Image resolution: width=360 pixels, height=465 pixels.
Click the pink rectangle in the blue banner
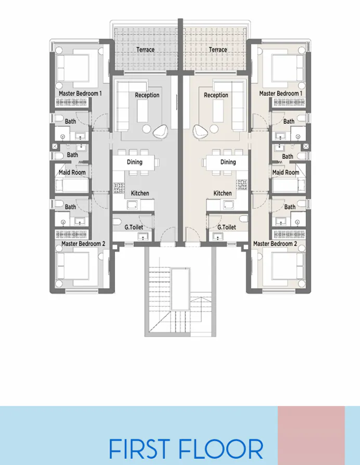click(x=311, y=435)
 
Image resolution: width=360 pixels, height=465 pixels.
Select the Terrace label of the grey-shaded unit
click(x=146, y=50)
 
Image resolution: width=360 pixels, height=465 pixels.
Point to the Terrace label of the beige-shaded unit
click(x=217, y=50)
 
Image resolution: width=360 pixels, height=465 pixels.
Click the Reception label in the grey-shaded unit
click(x=147, y=95)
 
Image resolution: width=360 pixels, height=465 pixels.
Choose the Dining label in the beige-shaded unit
click(x=228, y=162)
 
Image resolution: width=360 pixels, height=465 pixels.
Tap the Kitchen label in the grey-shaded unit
click(x=140, y=193)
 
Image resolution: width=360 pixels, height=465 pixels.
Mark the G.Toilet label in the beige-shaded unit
click(x=227, y=227)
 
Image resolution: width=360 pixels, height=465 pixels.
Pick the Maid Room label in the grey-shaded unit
click(x=72, y=173)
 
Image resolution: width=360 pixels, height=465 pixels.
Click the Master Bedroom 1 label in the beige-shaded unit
click(x=279, y=94)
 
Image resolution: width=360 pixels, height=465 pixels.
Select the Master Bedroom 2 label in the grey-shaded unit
click(x=83, y=243)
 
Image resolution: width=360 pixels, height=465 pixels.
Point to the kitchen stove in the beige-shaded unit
click(x=242, y=184)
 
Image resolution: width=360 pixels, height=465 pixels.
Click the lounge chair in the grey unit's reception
click(x=161, y=132)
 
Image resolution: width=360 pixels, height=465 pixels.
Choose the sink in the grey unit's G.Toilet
click(x=142, y=237)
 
